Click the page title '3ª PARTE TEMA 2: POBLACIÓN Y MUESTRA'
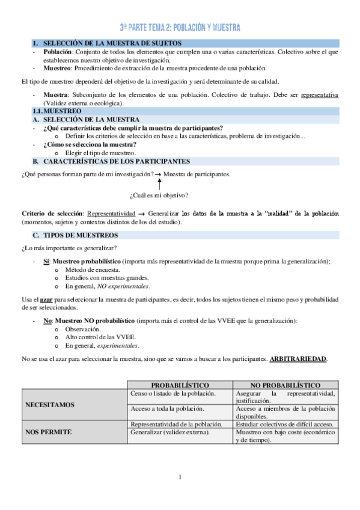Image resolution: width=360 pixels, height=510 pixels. (x=180, y=28)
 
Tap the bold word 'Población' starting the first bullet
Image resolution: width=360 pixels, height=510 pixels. (x=57, y=52)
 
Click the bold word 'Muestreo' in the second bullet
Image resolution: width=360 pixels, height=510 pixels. (x=57, y=68)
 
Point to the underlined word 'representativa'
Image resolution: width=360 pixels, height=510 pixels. (x=319, y=95)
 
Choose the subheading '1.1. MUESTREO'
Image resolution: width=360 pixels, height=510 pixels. (x=58, y=111)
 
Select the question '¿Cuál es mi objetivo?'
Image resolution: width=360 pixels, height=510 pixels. (x=159, y=195)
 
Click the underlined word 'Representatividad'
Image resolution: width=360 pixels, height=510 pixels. (x=111, y=214)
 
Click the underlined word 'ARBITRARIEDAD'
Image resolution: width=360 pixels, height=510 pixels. (x=298, y=359)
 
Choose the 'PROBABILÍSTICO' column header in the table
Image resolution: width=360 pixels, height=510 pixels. (x=180, y=385)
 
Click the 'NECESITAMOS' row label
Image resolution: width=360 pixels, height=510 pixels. (x=50, y=405)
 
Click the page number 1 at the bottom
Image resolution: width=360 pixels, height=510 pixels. (x=180, y=478)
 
